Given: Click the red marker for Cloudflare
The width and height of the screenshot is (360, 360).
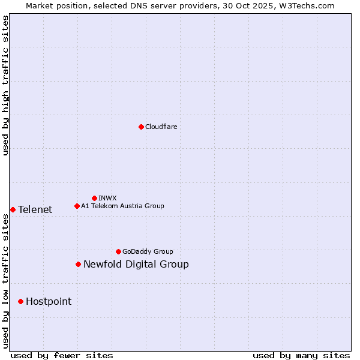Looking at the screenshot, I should (141, 127).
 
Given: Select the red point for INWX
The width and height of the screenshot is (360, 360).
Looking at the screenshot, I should (94, 198).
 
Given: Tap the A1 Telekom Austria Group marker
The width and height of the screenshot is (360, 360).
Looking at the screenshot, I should (77, 206).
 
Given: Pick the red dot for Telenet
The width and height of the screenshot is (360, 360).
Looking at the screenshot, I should (13, 209).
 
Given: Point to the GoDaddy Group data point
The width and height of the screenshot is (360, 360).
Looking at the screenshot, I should (118, 251).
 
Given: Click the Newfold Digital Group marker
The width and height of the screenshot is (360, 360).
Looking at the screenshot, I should (78, 264).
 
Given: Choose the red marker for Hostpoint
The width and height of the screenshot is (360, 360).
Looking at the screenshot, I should (20, 301).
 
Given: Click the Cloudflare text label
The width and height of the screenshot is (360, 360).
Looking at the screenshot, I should (161, 127).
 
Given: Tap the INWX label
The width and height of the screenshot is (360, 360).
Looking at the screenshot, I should (107, 198).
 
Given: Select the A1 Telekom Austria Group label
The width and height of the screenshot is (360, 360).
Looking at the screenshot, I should (122, 206).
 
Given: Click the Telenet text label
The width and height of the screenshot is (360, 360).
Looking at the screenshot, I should (35, 209).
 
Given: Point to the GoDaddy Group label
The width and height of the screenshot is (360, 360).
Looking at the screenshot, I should (148, 251).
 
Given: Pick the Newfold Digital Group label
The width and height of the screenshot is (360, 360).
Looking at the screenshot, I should (136, 264).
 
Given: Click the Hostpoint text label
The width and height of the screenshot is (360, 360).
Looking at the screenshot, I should (48, 301).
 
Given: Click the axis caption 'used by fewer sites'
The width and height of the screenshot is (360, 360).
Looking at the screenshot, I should (62, 355).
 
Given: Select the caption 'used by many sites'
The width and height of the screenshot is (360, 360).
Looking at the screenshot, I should (301, 355).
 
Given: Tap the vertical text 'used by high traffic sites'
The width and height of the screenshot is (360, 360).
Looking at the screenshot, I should (5, 86).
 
